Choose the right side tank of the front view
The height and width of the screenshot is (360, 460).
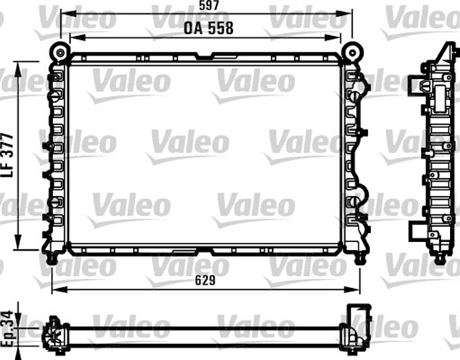tap(354, 154)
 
